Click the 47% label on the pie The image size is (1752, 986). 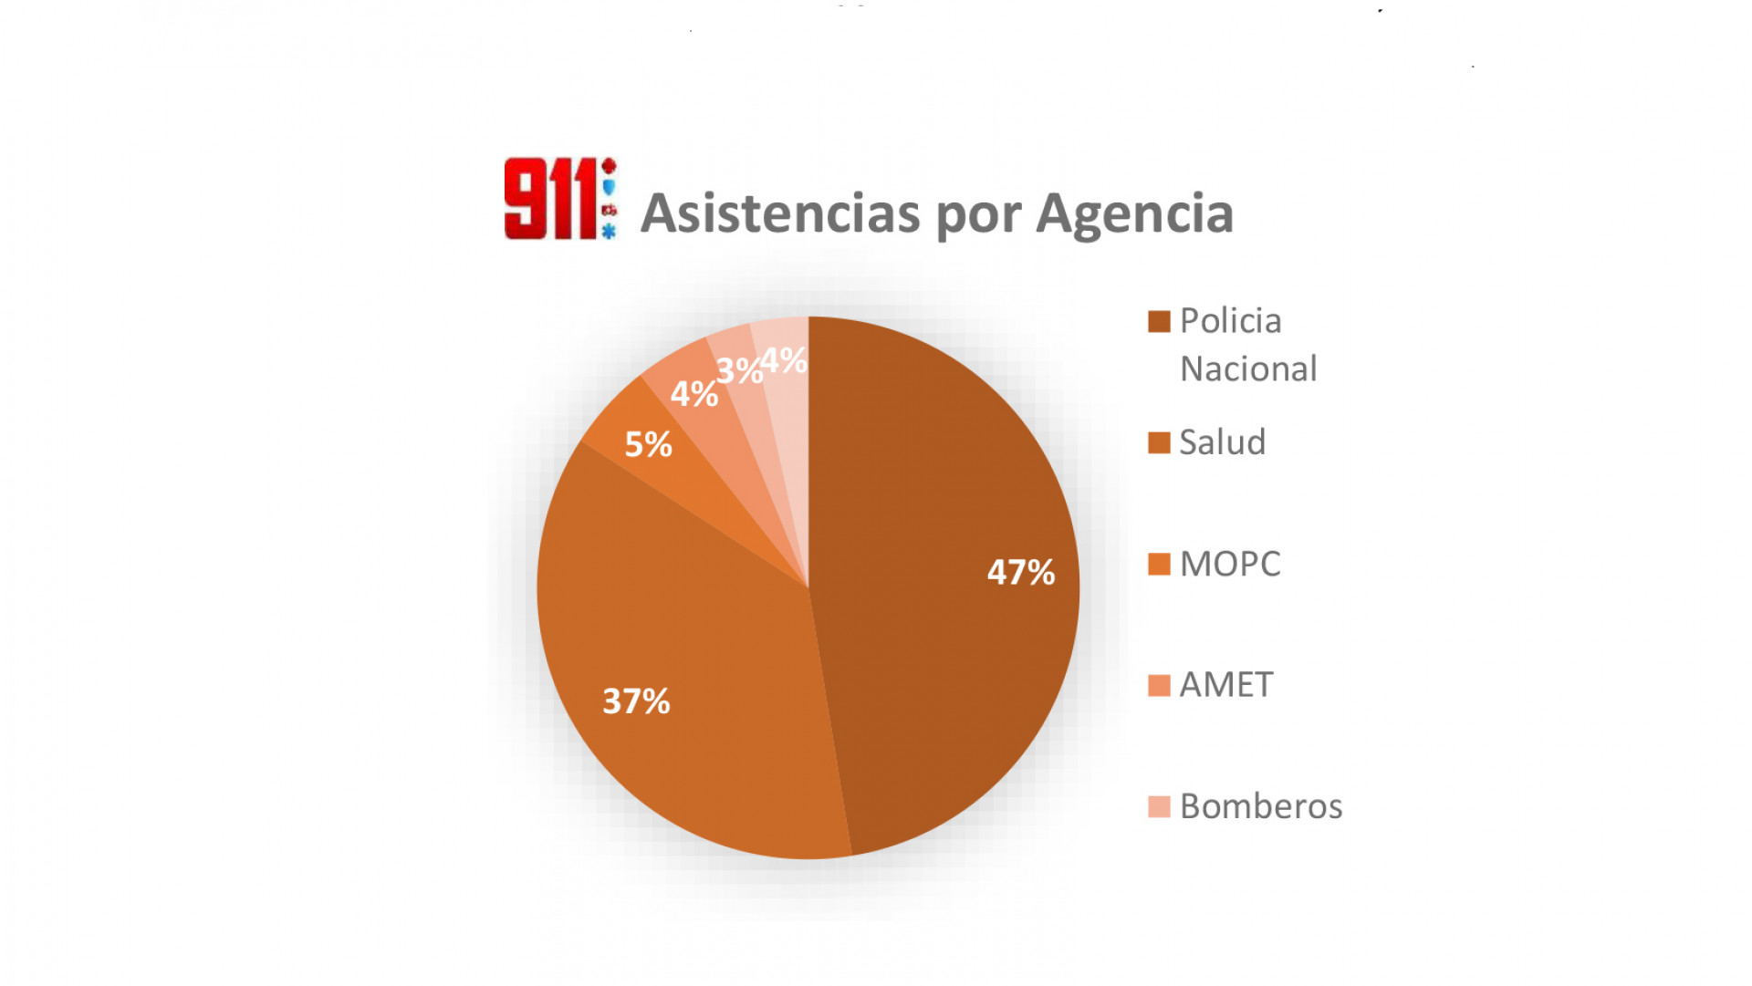tap(1021, 573)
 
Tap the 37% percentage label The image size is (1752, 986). tap(636, 701)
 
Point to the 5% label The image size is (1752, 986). tap(648, 444)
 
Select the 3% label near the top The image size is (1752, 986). tap(738, 371)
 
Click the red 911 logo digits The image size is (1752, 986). tap(550, 199)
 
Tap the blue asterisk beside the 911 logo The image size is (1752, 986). tap(609, 232)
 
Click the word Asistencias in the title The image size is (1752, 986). tap(780, 213)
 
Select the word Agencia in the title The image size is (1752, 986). tap(1134, 213)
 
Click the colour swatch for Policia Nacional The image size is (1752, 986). tap(1159, 322)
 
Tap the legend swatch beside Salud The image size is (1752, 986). tap(1159, 443)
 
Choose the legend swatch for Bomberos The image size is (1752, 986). tap(1159, 807)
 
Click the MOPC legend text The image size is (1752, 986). tap(1229, 564)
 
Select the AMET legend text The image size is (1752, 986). tap(1225, 685)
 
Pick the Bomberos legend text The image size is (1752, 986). tap(1260, 806)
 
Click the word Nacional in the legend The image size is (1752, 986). tap(1248, 369)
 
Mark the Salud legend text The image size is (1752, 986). tap(1222, 442)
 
